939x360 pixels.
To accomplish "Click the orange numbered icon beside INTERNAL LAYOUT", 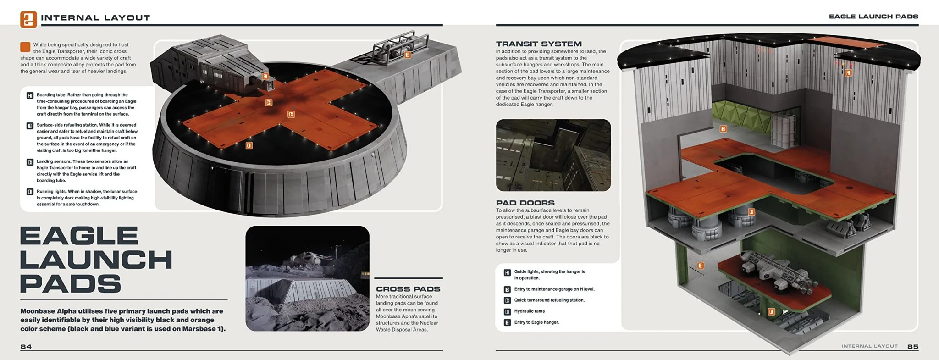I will (28, 19).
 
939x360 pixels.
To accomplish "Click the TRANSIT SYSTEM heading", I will (538, 44).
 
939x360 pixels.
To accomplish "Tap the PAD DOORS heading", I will (525, 203).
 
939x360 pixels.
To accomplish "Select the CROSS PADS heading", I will (408, 289).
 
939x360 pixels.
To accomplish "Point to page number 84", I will (26, 347).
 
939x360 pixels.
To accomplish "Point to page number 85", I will (912, 347).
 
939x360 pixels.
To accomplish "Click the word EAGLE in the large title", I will (79, 236).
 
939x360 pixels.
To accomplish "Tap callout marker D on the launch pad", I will (249, 145).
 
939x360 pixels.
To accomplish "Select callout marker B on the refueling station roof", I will (407, 55).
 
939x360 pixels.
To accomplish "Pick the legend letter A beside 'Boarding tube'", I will (30, 95).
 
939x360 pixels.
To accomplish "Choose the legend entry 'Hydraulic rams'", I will (529, 311).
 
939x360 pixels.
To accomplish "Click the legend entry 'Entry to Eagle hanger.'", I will (536, 322).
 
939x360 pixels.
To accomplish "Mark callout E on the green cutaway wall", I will (700, 266).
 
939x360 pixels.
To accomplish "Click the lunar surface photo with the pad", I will (307, 278).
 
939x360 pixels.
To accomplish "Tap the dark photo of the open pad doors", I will (553, 155).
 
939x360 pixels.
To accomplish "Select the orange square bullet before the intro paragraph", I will (25, 46).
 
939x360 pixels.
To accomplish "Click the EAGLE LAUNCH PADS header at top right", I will (873, 17).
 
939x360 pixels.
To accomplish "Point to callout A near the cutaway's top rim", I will (848, 73).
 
